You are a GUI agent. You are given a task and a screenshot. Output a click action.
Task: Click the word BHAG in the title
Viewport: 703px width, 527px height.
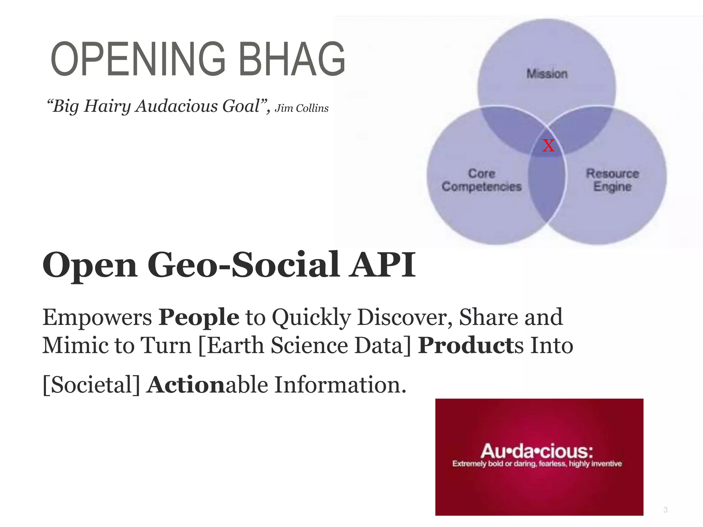click(292, 59)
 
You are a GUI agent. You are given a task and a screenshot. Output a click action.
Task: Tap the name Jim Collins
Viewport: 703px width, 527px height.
click(301, 108)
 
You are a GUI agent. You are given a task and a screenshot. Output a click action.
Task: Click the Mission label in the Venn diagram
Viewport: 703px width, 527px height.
click(547, 74)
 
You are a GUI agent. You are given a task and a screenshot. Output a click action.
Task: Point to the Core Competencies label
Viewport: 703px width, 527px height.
click(482, 180)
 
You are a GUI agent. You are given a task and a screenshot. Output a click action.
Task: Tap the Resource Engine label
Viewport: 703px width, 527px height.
click(612, 180)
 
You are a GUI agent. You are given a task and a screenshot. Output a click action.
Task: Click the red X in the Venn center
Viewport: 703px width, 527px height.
click(548, 146)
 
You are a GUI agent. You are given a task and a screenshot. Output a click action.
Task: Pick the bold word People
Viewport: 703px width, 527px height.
click(199, 317)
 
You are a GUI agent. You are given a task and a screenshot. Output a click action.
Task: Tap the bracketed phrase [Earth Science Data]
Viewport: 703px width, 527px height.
click(305, 346)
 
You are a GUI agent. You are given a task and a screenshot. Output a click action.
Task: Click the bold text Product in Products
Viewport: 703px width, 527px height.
click(465, 346)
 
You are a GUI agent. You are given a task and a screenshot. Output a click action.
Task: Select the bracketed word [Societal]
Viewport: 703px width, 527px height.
click(91, 385)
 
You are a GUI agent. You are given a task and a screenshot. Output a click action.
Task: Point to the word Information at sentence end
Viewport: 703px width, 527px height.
click(340, 385)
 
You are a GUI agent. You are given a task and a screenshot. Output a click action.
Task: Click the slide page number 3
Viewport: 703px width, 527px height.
click(665, 510)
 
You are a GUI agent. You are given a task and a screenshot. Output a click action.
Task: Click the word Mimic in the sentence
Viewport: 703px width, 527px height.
click(75, 346)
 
